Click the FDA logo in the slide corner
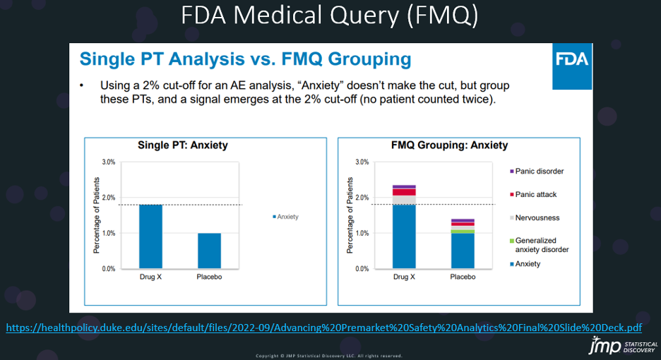[x=571, y=59]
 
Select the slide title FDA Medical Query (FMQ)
[x=330, y=17]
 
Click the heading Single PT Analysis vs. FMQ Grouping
[x=245, y=58]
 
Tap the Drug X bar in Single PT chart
[x=150, y=236]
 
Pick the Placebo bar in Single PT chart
[x=208, y=251]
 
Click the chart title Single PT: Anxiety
[x=182, y=145]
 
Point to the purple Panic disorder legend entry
[x=536, y=171]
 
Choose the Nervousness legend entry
[x=536, y=217]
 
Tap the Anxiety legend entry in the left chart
[x=285, y=217]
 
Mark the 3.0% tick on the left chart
[x=107, y=162]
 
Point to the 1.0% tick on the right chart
[x=361, y=234]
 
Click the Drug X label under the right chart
[x=403, y=277]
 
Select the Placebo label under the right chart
[x=463, y=277]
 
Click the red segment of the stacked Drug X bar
[x=404, y=191]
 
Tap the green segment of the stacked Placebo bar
[x=463, y=232]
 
